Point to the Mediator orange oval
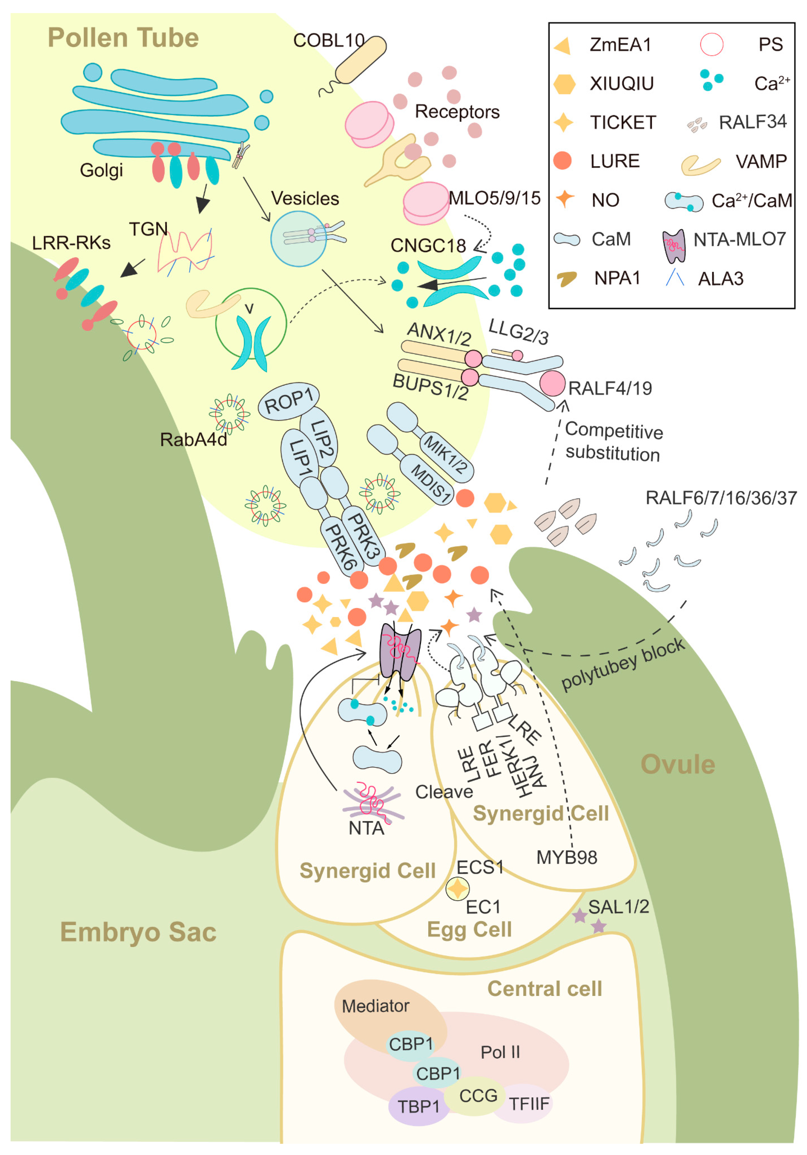376,1006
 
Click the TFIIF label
529,1104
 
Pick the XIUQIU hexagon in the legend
564,83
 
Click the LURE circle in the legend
562,161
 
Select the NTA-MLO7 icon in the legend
674,246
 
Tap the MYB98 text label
566,857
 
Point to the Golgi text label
101,170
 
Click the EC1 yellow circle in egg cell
457,889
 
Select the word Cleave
444,792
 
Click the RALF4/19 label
610,388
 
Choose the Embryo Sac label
138,932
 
